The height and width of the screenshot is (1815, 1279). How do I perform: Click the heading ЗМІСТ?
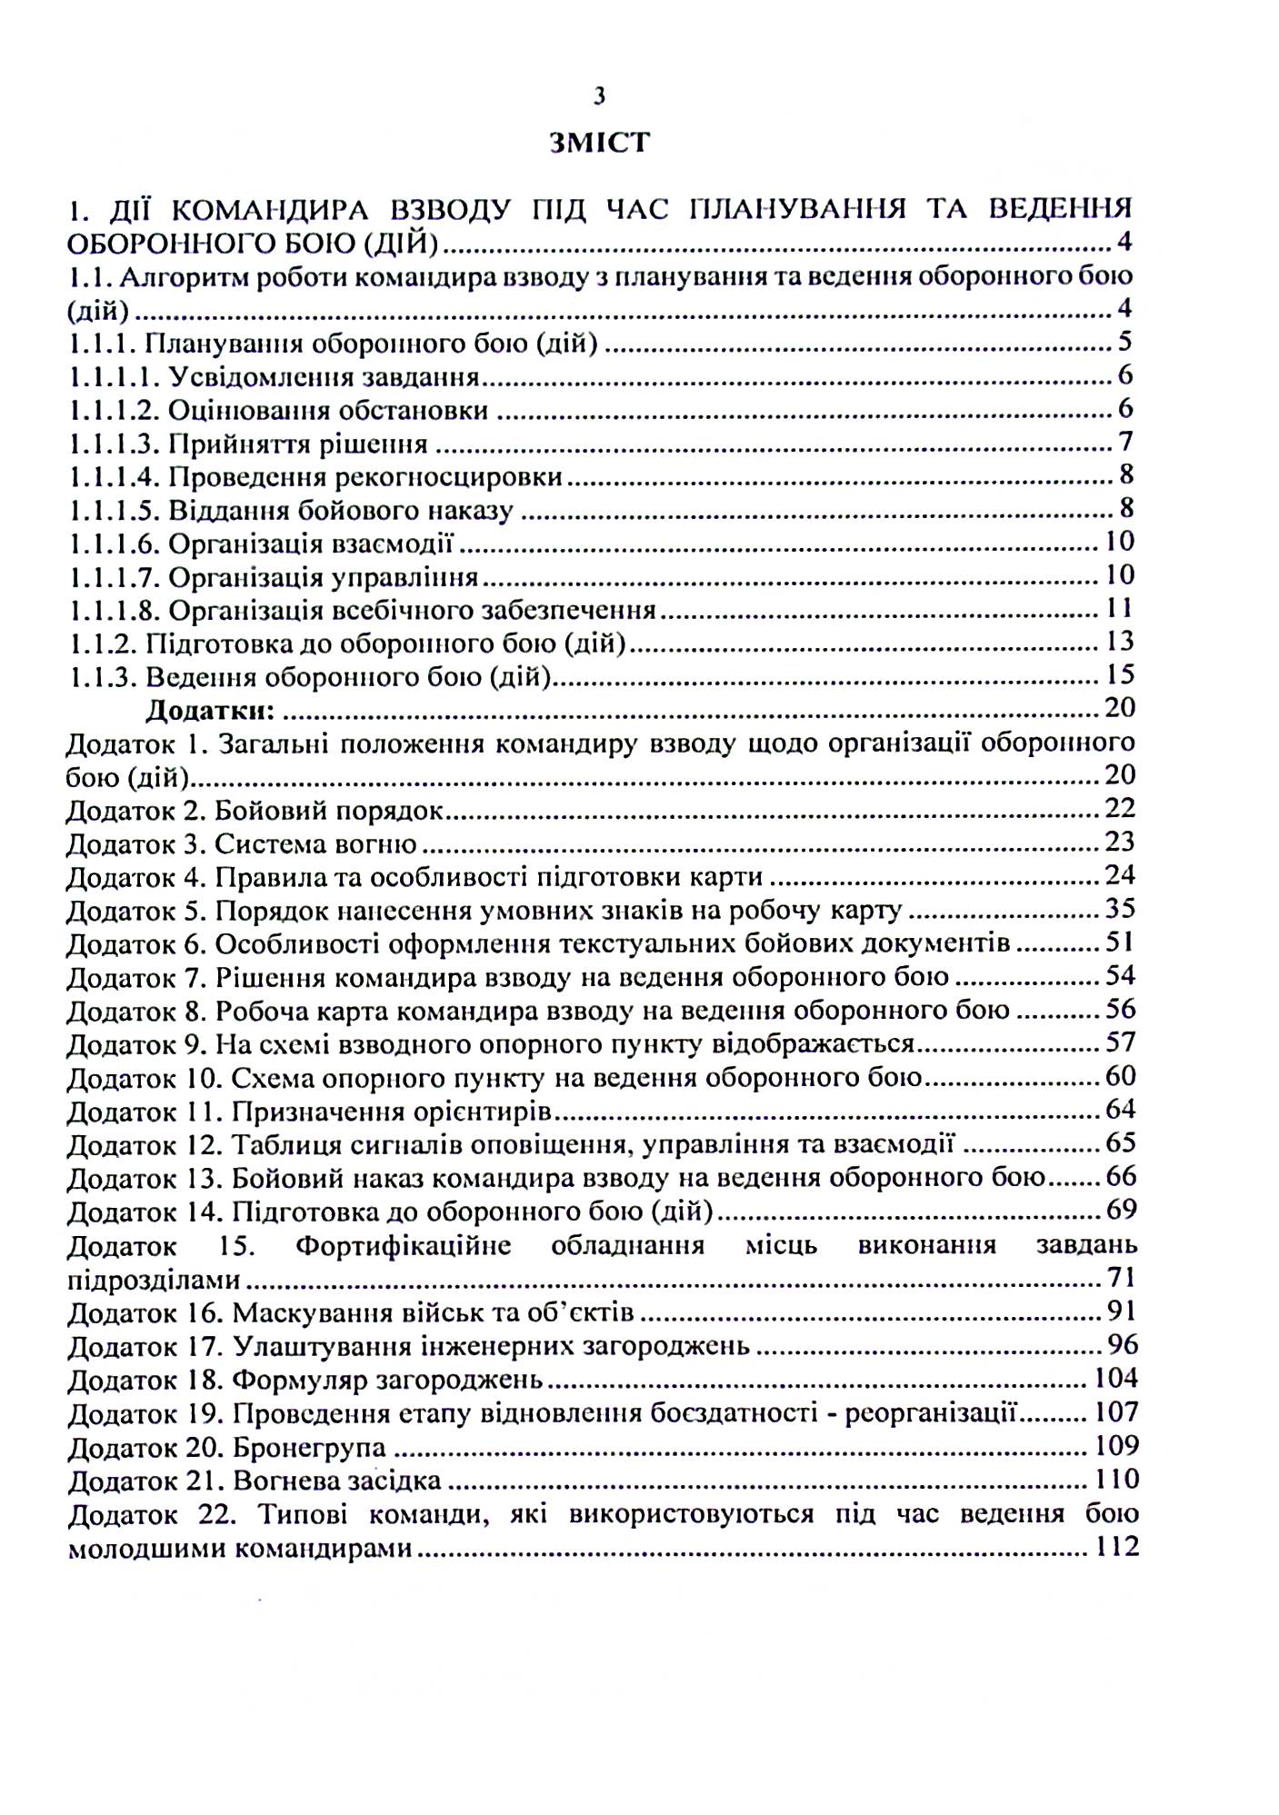[599, 143]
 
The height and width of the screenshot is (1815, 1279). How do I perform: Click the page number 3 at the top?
[598, 95]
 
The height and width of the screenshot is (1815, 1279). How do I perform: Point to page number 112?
[1117, 1547]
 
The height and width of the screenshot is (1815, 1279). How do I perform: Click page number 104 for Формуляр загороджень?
[1116, 1379]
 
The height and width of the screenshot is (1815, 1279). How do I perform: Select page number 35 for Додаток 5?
[1120, 909]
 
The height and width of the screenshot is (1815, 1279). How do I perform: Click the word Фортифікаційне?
[403, 1245]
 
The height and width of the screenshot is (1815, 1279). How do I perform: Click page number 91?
[1122, 1311]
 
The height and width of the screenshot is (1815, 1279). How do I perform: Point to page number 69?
[1121, 1210]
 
